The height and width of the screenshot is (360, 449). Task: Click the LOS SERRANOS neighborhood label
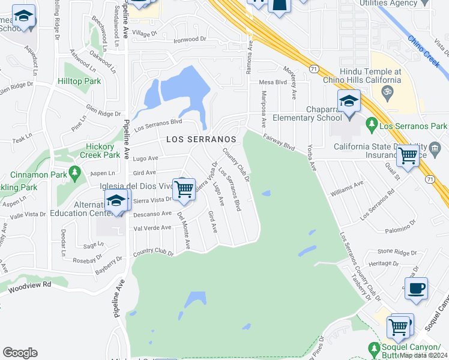[x=200, y=139]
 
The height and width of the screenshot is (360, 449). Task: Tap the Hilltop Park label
[x=79, y=81]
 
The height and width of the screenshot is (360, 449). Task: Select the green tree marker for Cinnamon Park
[x=75, y=174]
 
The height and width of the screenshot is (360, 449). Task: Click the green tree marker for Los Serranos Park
[x=372, y=125]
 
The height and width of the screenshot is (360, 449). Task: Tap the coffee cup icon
[x=416, y=289]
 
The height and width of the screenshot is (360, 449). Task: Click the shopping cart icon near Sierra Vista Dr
[x=184, y=189]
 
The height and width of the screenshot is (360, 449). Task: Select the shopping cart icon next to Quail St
[x=408, y=156]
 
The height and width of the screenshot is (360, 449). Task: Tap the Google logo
[x=20, y=353]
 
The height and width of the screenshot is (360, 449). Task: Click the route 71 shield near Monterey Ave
[x=313, y=71]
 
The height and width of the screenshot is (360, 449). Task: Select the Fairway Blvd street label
[x=279, y=142]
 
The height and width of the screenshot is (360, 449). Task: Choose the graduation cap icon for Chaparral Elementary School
[x=348, y=102]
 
